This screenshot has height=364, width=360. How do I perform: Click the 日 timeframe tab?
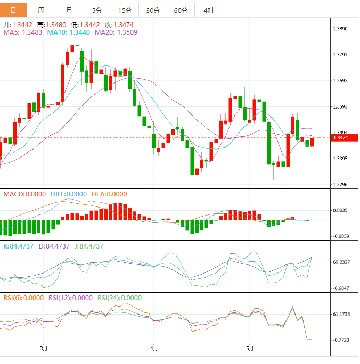13,10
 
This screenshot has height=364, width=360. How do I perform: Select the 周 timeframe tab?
41,10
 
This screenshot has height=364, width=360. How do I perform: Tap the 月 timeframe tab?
69,10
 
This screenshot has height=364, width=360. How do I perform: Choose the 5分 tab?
97,10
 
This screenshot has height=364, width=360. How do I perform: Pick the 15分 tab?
125,10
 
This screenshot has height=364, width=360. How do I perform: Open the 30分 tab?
152,10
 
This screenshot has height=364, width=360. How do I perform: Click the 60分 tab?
181,10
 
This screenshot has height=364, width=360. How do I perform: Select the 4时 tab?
208,10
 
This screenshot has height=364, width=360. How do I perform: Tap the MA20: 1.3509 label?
116,32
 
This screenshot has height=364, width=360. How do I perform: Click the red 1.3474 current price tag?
340,138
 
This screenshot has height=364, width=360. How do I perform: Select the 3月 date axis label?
44,349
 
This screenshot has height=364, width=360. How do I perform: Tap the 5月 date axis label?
249,349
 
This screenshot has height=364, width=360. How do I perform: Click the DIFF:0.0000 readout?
69,194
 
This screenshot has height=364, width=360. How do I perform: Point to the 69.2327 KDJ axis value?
341,262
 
